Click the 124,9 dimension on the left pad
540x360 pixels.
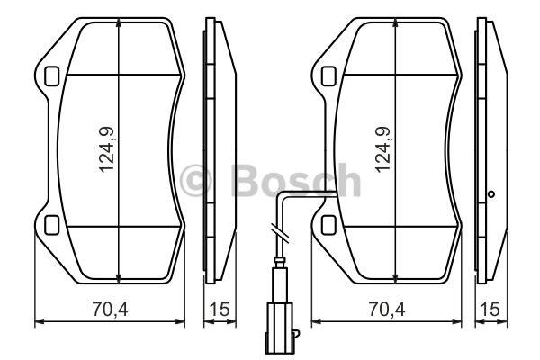107,150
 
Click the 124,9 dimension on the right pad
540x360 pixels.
383,150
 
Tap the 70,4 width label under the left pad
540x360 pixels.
110,310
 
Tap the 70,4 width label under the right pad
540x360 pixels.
387,310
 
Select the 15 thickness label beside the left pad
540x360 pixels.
220,310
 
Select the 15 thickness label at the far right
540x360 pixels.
491,310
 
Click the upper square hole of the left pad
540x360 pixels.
52,76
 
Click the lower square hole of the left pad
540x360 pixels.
52,225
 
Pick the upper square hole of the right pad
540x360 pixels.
328,76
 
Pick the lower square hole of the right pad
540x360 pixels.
328,225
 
